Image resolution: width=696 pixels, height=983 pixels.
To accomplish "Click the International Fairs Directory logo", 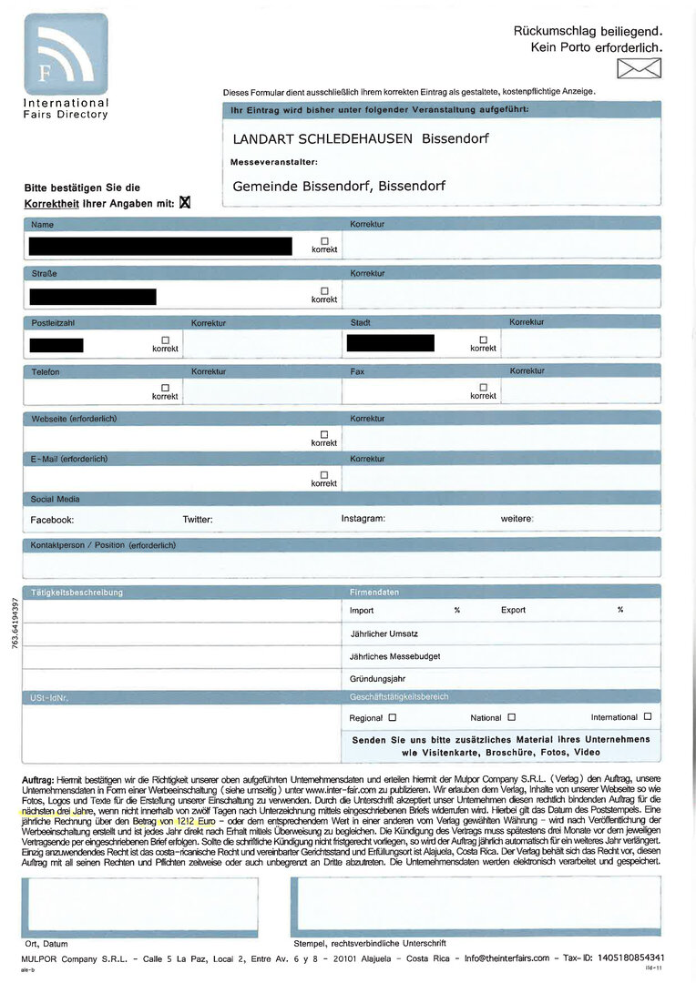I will pyautogui.click(x=66, y=55).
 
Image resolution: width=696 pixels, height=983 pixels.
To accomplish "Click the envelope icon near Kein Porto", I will pyautogui.click(x=639, y=68).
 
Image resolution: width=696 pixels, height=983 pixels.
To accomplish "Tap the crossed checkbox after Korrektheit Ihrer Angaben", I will pyautogui.click(x=185, y=203).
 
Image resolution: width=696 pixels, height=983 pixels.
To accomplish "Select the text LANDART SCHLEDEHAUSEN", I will pyautogui.click(x=322, y=139).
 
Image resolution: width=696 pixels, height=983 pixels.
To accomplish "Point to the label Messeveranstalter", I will pyautogui.click(x=273, y=162).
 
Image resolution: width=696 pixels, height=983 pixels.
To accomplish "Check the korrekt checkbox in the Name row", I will pyautogui.click(x=324, y=240).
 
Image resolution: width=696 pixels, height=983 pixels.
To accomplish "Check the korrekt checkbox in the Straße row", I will pyautogui.click(x=324, y=290).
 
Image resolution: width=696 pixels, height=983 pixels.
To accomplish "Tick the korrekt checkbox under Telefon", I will pyautogui.click(x=165, y=388).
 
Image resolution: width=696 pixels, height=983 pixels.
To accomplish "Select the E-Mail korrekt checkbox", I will pyautogui.click(x=324, y=475).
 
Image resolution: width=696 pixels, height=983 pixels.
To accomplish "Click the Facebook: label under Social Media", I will pyautogui.click(x=52, y=520).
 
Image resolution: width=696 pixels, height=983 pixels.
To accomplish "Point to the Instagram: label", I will pyautogui.click(x=363, y=519).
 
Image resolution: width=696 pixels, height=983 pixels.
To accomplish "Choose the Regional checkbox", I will pyautogui.click(x=392, y=717).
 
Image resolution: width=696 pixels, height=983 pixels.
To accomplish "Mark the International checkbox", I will pyautogui.click(x=647, y=717).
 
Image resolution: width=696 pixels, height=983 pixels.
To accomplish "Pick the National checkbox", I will pyautogui.click(x=511, y=717).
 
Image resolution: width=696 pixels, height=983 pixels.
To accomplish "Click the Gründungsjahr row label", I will pyautogui.click(x=377, y=679).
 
